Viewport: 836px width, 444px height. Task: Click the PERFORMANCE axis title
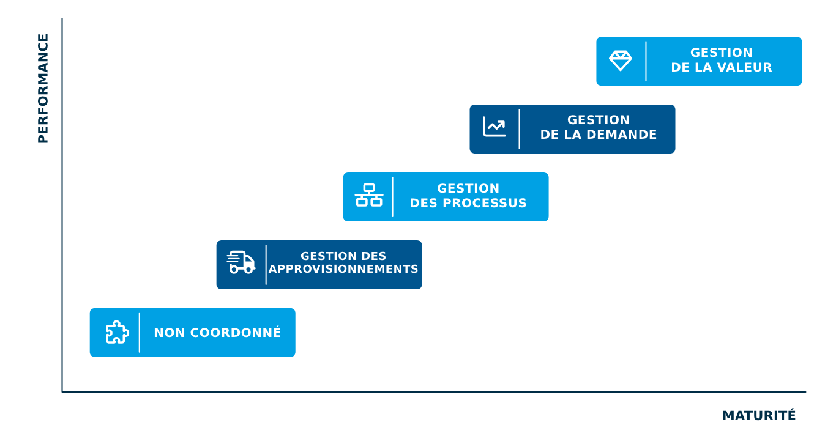[x=43, y=89]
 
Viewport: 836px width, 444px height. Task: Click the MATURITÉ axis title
[x=759, y=416]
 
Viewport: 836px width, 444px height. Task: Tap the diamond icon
[x=621, y=61]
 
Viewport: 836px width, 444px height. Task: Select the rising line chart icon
[x=494, y=127]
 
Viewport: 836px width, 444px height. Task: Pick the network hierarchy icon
[x=368, y=195]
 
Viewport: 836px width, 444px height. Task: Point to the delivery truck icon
[x=241, y=262]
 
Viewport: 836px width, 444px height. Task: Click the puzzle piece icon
[x=117, y=332]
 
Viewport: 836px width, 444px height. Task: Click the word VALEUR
[x=744, y=68]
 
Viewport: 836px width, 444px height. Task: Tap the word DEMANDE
[x=623, y=135]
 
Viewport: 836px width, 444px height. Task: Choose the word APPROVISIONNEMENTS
[x=343, y=269]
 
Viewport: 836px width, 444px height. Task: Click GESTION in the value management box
[x=722, y=53]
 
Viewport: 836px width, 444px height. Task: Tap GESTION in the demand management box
[x=599, y=120]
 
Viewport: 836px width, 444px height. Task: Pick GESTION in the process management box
[x=468, y=188]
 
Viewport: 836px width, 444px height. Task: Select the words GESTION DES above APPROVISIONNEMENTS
[x=343, y=256]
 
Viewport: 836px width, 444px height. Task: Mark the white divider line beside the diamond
[x=646, y=61]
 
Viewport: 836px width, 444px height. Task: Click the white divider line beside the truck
[x=266, y=265]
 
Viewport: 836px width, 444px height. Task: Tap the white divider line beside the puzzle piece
[x=140, y=333]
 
